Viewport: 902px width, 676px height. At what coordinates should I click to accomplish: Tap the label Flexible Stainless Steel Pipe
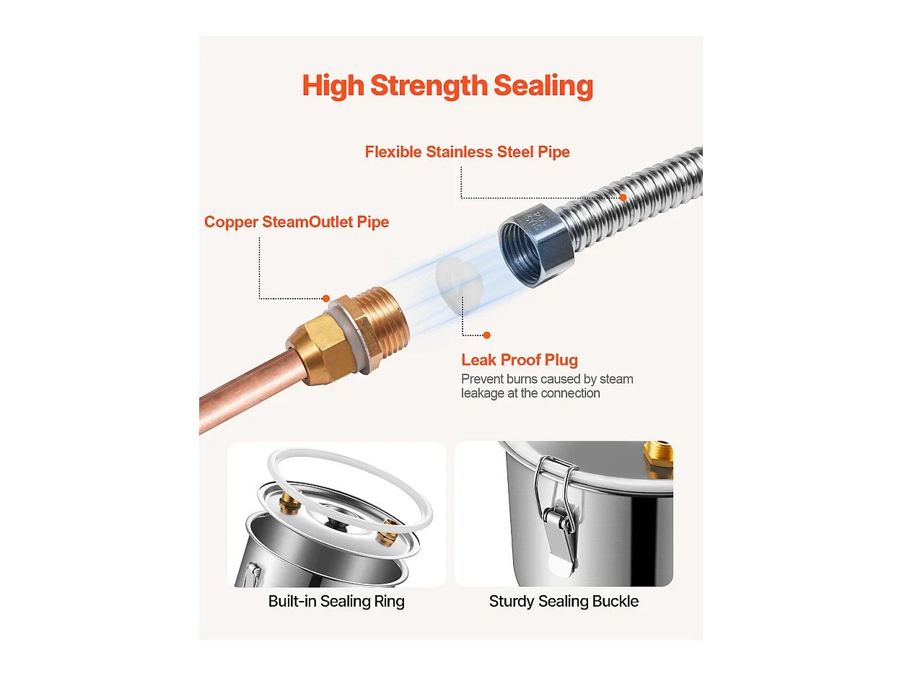click(467, 152)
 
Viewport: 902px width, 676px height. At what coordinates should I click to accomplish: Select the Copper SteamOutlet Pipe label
click(297, 221)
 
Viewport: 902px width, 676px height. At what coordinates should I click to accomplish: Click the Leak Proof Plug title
click(520, 360)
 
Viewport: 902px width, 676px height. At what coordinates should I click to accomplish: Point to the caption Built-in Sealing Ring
click(336, 601)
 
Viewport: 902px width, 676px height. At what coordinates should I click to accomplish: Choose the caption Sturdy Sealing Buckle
click(564, 601)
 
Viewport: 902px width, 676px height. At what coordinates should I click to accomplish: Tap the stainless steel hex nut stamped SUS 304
click(535, 245)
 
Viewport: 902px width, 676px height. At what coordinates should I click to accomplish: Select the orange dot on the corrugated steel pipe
click(623, 198)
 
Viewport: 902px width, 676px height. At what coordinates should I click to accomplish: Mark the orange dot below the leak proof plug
click(487, 335)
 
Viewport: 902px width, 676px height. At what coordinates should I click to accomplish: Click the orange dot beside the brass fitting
click(326, 298)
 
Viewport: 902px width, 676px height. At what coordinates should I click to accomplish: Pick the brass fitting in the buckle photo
click(658, 459)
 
